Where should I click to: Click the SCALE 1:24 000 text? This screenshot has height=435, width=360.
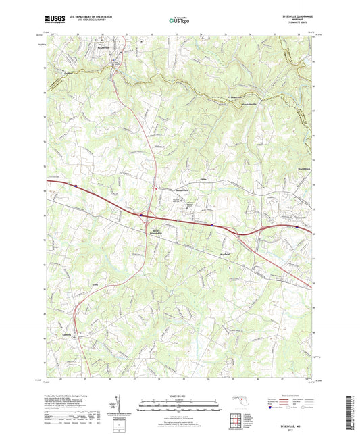[x=180, y=395]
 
